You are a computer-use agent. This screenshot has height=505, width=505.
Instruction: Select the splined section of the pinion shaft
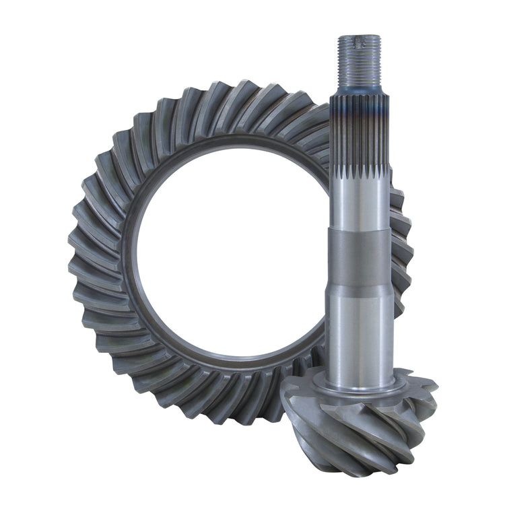click(359, 135)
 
